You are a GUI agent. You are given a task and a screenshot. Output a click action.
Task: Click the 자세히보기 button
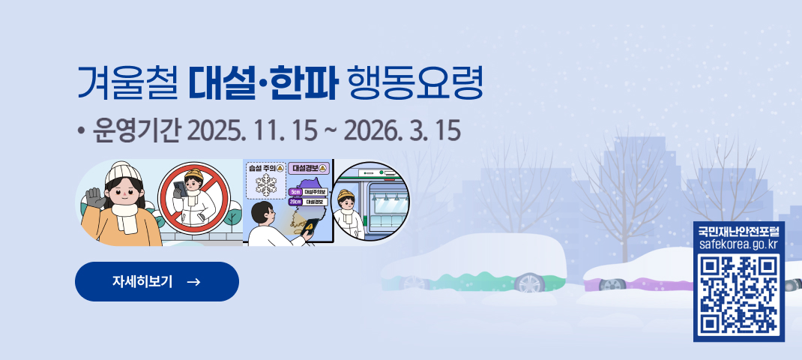point(157,281)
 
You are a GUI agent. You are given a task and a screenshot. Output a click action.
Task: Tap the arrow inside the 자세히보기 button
point(193,282)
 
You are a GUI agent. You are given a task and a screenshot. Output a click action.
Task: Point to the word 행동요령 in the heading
point(415,85)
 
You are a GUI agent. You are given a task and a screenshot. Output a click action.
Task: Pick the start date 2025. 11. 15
point(252,132)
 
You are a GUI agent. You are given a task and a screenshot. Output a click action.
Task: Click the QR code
point(738,295)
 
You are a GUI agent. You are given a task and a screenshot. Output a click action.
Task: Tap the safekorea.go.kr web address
point(738,244)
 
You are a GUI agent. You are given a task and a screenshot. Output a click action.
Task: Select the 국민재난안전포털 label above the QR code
point(738,229)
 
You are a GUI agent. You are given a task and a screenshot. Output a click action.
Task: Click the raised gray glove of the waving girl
point(94,199)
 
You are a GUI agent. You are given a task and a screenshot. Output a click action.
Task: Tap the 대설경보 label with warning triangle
point(308,167)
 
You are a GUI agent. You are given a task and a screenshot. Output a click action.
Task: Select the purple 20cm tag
point(295,202)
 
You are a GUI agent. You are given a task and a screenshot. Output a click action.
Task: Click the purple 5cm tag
point(295,192)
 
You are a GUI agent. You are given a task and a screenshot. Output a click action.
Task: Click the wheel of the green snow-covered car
point(529,283)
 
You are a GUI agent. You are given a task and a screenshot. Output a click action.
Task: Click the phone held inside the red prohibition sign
point(180,189)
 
